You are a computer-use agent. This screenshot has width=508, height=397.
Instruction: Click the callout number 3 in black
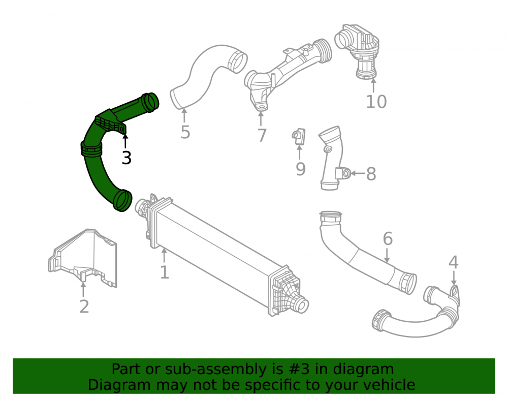tap(126, 158)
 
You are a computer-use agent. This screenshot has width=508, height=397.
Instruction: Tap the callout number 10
tap(376, 102)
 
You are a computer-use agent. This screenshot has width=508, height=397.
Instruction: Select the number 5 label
tap(185, 132)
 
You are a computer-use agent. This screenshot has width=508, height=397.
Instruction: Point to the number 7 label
tap(262, 135)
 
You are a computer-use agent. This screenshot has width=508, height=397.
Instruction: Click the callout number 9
tap(301, 169)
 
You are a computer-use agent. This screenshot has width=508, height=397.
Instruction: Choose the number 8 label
tap(371, 174)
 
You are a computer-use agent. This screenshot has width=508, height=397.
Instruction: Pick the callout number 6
tap(388, 238)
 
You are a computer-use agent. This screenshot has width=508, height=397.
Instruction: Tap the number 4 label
tap(453, 262)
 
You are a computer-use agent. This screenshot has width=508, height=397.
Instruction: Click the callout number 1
tap(165, 272)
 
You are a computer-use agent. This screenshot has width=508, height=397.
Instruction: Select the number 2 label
tap(84, 307)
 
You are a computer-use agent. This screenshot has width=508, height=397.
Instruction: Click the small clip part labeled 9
tap(299, 137)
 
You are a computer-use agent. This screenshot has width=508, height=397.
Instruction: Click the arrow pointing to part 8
tap(358, 173)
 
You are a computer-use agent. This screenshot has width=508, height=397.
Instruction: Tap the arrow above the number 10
tap(373, 85)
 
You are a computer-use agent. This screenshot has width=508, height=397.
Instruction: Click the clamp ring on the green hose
tap(91, 149)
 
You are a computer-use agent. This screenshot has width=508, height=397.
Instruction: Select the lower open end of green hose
tap(123, 200)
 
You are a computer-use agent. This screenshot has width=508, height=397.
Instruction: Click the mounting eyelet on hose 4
tap(455, 291)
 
